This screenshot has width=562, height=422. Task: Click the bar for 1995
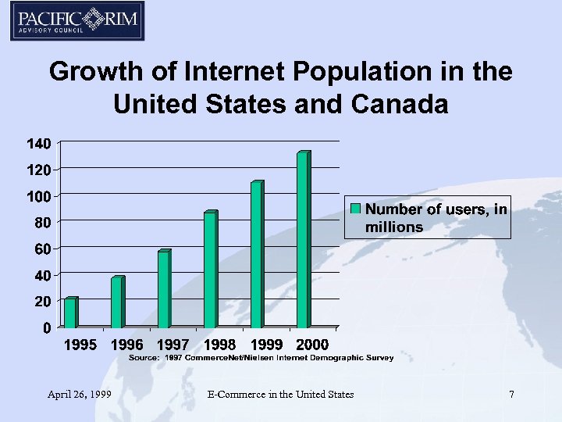pos(70,313)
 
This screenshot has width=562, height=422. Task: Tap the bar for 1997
pos(164,289)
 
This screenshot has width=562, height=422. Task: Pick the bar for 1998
pos(210,270)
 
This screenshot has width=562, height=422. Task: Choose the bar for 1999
pos(257,255)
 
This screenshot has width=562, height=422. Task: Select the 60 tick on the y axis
pos(43,249)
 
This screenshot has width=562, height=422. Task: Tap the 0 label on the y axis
pos(48,327)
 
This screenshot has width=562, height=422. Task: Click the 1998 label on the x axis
pos(219,345)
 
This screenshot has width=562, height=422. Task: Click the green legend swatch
pos(356,209)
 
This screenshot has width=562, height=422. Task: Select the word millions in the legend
pos(394,227)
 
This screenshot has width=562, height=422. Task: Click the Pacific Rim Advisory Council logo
pos(77,21)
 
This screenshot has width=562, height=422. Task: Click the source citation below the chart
pos(261,357)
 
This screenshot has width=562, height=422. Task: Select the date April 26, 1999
pos(77,395)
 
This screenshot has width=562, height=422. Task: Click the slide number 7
pos(511,395)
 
